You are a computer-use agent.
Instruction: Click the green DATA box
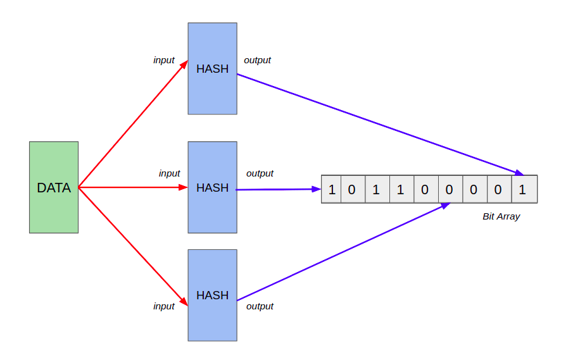pyautogui.click(x=54, y=187)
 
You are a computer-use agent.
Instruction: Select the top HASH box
pyautogui.click(x=212, y=68)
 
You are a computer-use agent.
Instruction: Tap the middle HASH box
pyautogui.click(x=212, y=187)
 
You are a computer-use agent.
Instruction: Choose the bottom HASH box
pyautogui.click(x=212, y=295)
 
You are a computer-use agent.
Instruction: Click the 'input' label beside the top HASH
pyautogui.click(x=164, y=60)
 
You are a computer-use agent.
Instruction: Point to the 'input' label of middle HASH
pyautogui.click(x=169, y=173)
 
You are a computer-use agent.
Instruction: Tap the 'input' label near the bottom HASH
pyautogui.click(x=164, y=306)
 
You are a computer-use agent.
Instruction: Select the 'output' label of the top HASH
pyautogui.click(x=257, y=60)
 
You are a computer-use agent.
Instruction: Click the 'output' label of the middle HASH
pyautogui.click(x=260, y=173)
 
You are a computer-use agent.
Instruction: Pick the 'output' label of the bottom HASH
pyautogui.click(x=260, y=306)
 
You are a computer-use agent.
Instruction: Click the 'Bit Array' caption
pyautogui.click(x=501, y=216)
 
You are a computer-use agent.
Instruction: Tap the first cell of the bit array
pyautogui.click(x=331, y=189)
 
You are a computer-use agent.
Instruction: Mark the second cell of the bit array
pyautogui.click(x=353, y=189)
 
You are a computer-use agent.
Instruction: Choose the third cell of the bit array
pyautogui.click(x=377, y=189)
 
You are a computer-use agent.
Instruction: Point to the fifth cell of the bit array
pyautogui.click(x=425, y=189)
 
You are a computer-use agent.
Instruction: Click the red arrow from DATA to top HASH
pyautogui.click(x=133, y=124)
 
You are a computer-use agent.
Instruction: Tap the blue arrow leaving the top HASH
pyautogui.click(x=380, y=124)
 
